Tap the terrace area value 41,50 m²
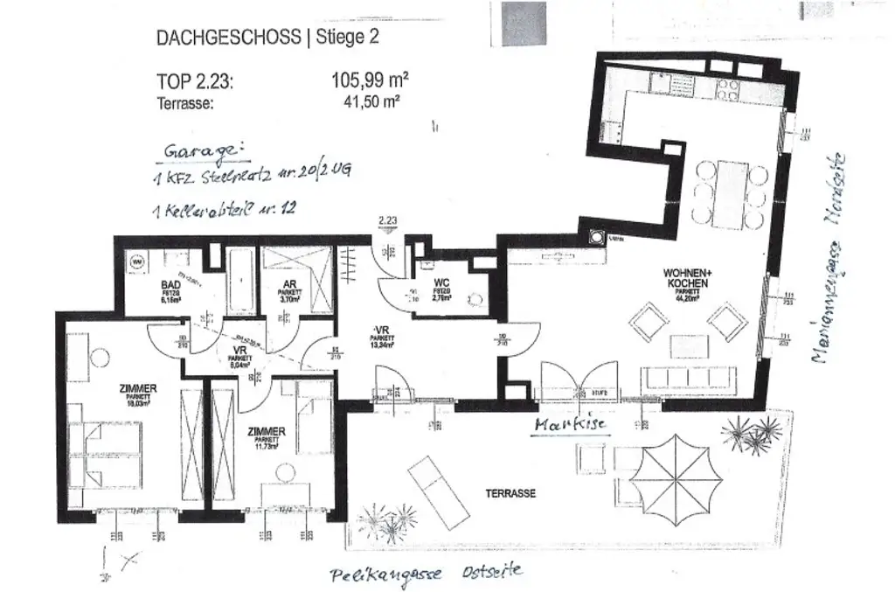click(373, 101)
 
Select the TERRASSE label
click(510, 492)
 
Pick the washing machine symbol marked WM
click(138, 261)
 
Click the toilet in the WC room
click(475, 300)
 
